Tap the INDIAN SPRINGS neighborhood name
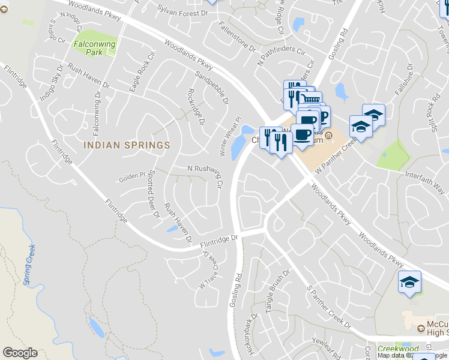127,145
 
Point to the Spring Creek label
28,264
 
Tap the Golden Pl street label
132,176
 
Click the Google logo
20,353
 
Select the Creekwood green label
397,349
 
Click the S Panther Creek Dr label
328,307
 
